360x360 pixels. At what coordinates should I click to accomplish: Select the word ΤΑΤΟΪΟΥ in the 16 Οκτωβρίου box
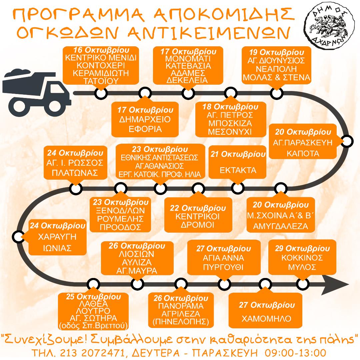point(101,81)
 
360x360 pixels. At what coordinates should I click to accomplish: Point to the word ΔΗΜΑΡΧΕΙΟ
point(145,119)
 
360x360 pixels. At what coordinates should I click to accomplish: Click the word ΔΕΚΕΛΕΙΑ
point(187,80)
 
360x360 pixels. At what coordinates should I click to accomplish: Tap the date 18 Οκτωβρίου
point(230,107)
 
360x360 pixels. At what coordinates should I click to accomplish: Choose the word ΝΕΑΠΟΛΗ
point(276,69)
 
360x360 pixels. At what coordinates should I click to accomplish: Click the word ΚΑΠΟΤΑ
point(303,153)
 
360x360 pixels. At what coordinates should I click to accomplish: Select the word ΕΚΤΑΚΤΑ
point(238,170)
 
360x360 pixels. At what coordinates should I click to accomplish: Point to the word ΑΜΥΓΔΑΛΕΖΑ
point(281,226)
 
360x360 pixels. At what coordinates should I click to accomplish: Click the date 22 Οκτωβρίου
point(198,208)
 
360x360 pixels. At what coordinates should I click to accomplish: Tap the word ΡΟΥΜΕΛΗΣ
point(120,219)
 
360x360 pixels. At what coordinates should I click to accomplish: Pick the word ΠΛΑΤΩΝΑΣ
point(75,173)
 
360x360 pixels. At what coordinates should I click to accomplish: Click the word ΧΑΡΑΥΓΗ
point(57,237)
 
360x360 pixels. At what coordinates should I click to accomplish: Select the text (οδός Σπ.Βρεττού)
point(93,326)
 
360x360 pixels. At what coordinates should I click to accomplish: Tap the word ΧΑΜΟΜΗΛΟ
point(266,318)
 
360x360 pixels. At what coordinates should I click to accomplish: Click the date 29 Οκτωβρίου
point(302,248)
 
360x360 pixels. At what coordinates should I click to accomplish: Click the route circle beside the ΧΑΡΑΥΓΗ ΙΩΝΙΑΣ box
point(18,237)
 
